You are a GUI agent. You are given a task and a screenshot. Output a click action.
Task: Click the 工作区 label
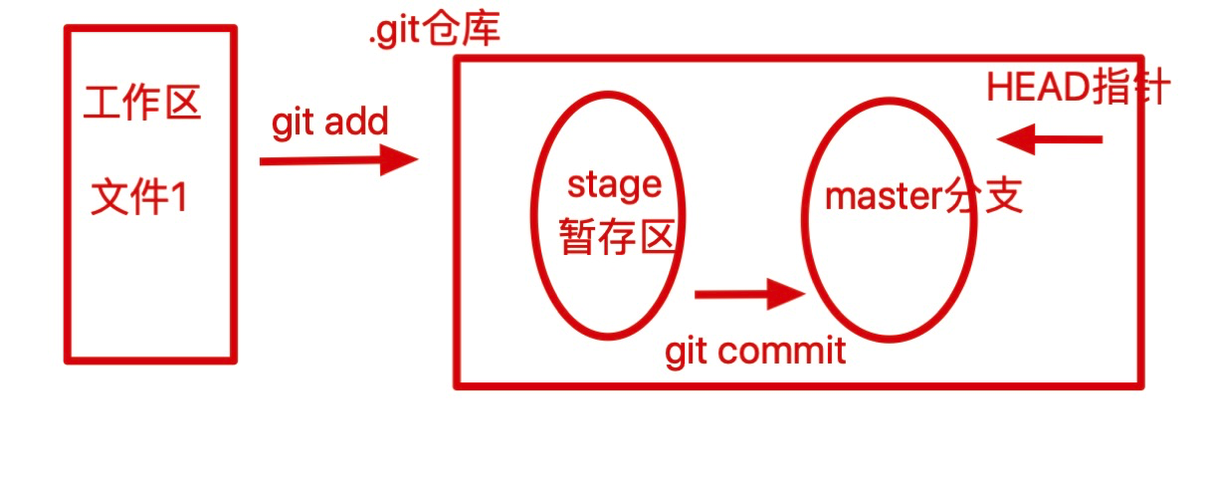pyautogui.click(x=143, y=103)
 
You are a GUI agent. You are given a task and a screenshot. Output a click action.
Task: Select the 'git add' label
pyautogui.click(x=329, y=123)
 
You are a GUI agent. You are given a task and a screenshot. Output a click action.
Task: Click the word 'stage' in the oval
pyautogui.click(x=614, y=184)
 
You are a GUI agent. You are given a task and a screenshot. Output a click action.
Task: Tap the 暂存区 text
pyautogui.click(x=619, y=237)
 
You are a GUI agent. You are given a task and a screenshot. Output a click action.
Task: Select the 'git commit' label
pyautogui.click(x=755, y=351)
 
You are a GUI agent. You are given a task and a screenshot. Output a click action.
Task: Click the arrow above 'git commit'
pyautogui.click(x=748, y=294)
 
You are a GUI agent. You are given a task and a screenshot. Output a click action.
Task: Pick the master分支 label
pyautogui.click(x=924, y=197)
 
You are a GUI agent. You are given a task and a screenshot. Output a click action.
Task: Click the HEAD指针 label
pyautogui.click(x=1079, y=89)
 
